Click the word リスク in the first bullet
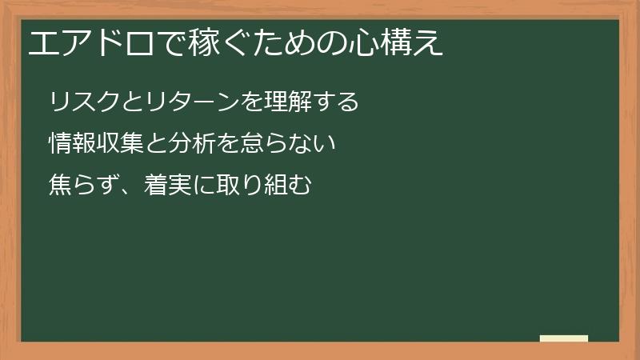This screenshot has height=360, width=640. click(85, 102)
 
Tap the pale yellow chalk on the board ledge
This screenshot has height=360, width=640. click(564, 338)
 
